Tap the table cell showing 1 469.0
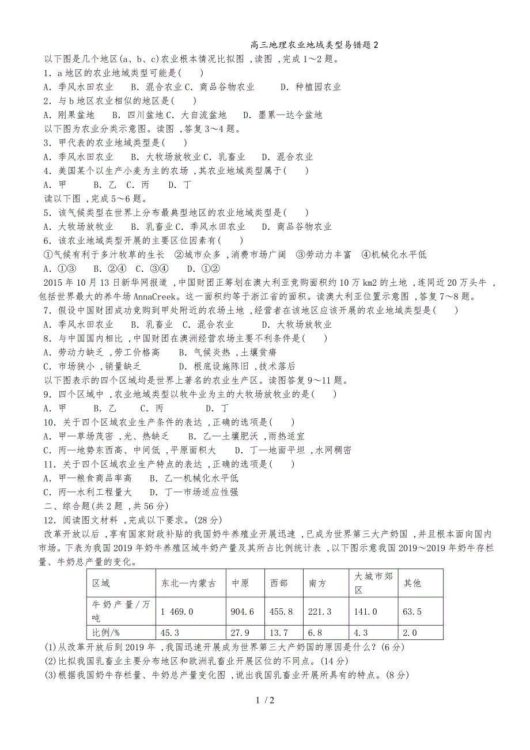(x=177, y=611)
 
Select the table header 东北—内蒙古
(x=189, y=583)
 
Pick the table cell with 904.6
(x=243, y=611)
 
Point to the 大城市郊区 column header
(x=373, y=583)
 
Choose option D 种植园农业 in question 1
(x=311, y=87)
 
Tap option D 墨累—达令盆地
(x=283, y=115)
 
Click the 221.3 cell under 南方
(x=320, y=611)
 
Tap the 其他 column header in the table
(x=412, y=583)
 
